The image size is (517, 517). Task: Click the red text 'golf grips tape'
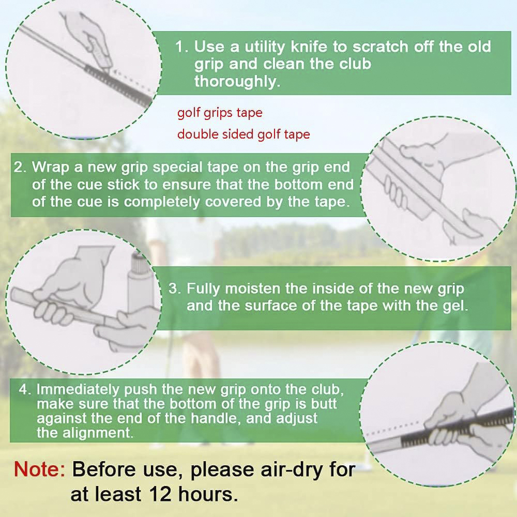[x=220, y=113]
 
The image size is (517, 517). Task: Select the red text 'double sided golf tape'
[x=244, y=134]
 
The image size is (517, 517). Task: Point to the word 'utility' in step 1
[x=265, y=48]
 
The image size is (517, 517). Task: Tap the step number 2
[x=19, y=167]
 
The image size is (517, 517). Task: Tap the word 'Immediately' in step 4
[x=78, y=389]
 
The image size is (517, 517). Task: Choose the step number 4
[x=23, y=389]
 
